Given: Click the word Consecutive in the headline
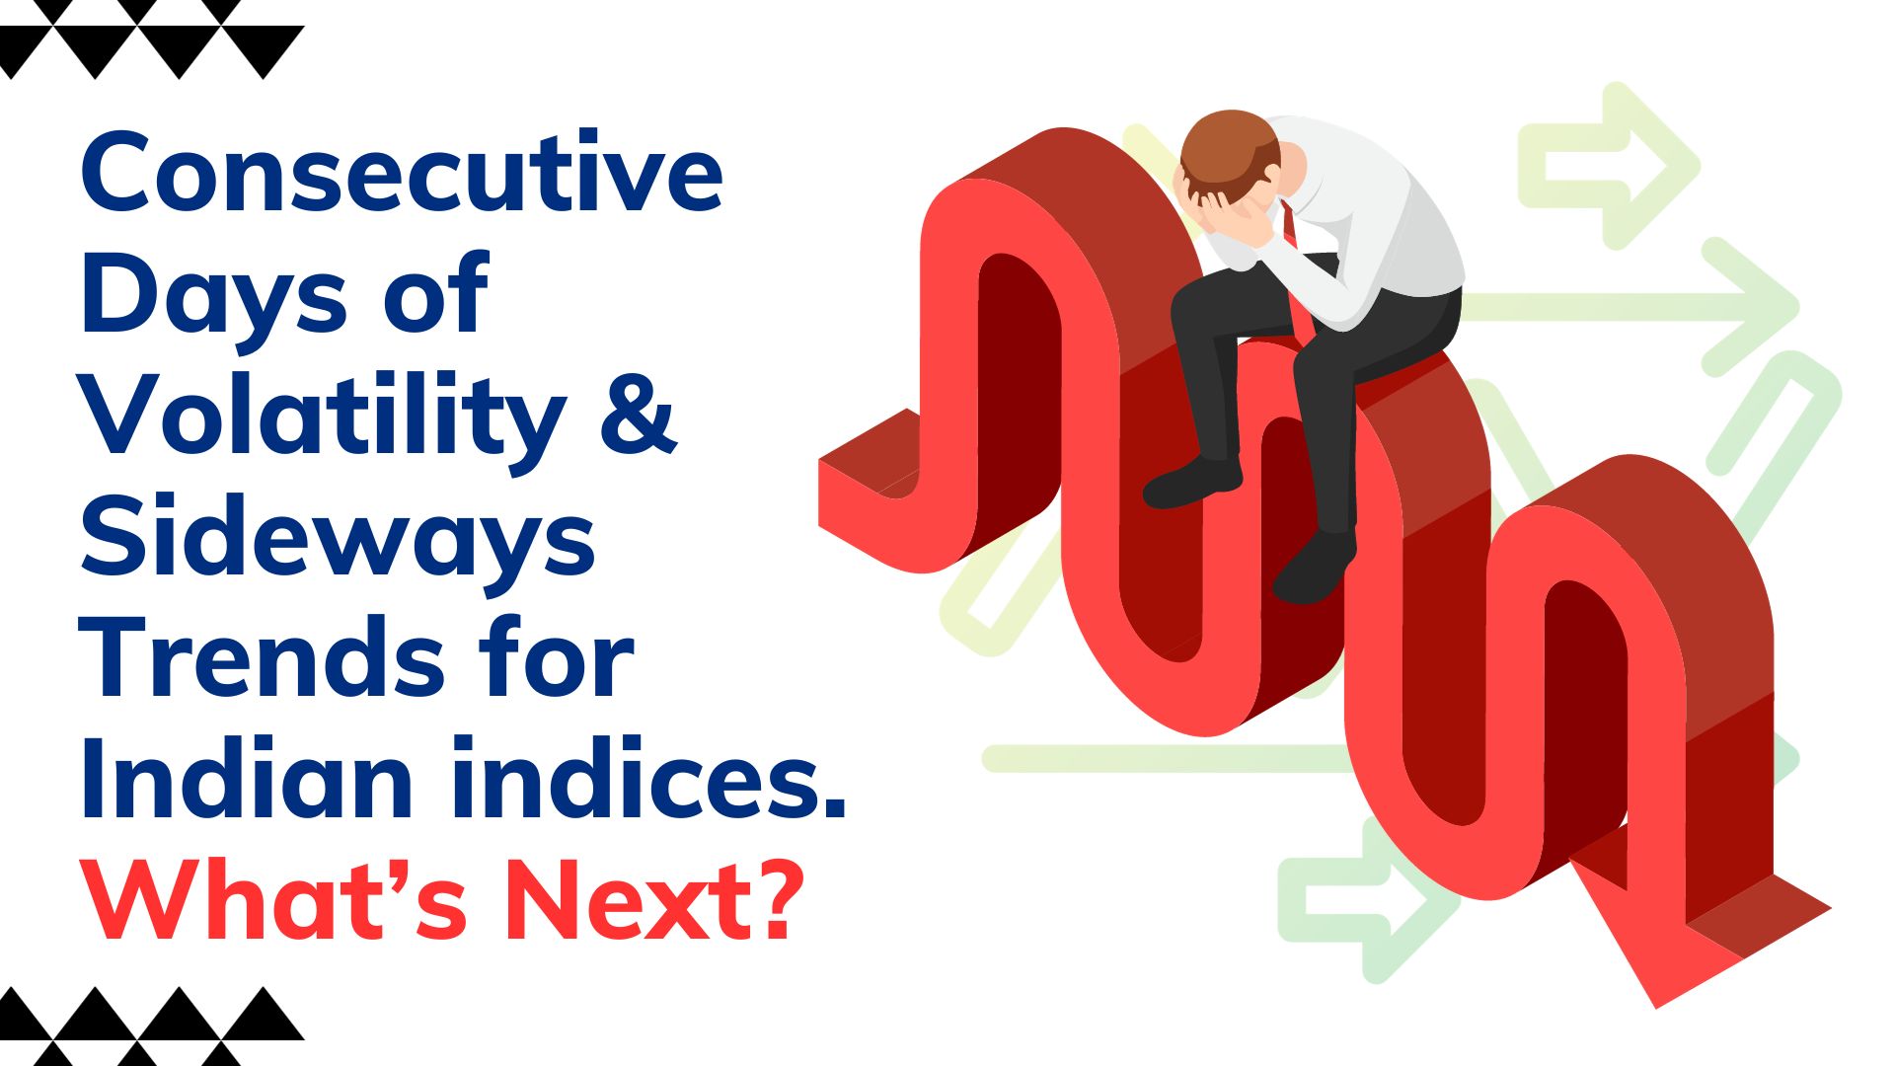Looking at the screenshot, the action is click(x=402, y=172).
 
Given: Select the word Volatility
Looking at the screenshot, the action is click(x=324, y=416).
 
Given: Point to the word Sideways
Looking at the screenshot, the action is click(x=338, y=539).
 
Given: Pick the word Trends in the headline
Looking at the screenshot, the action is click(x=263, y=656).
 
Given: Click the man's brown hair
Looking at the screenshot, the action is click(x=1230, y=148).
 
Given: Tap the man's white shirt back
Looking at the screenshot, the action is click(x=1382, y=217).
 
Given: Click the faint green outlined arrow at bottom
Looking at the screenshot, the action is click(x=1368, y=899).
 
